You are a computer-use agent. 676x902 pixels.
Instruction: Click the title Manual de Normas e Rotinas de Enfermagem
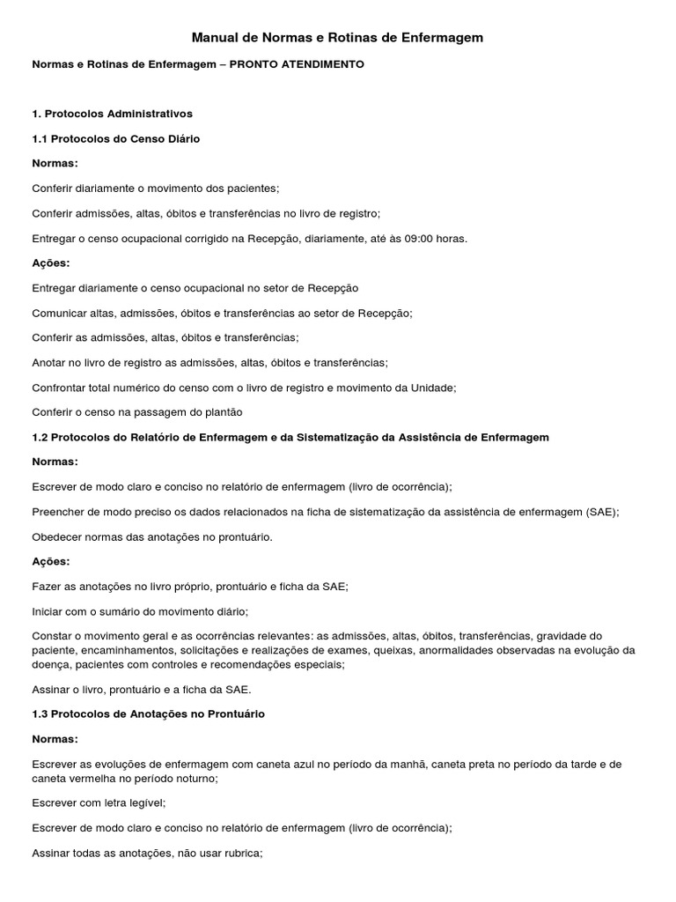338,38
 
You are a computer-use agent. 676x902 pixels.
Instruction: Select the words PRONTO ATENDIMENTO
297,65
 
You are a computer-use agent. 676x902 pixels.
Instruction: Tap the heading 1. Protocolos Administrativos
112,114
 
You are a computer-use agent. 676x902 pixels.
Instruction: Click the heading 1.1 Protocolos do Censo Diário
116,139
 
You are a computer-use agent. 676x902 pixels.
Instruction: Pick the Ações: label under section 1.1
50,263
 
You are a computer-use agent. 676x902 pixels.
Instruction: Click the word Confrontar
61,388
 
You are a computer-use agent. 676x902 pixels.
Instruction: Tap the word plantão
221,412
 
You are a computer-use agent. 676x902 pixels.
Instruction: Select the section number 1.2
40,437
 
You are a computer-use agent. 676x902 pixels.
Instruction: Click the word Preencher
60,512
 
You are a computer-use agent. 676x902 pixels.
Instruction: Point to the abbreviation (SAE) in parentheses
602,512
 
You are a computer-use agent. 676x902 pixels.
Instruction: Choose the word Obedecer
57,536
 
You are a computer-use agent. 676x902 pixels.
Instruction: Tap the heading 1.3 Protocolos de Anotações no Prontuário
148,713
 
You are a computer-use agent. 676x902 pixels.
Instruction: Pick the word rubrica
240,853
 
